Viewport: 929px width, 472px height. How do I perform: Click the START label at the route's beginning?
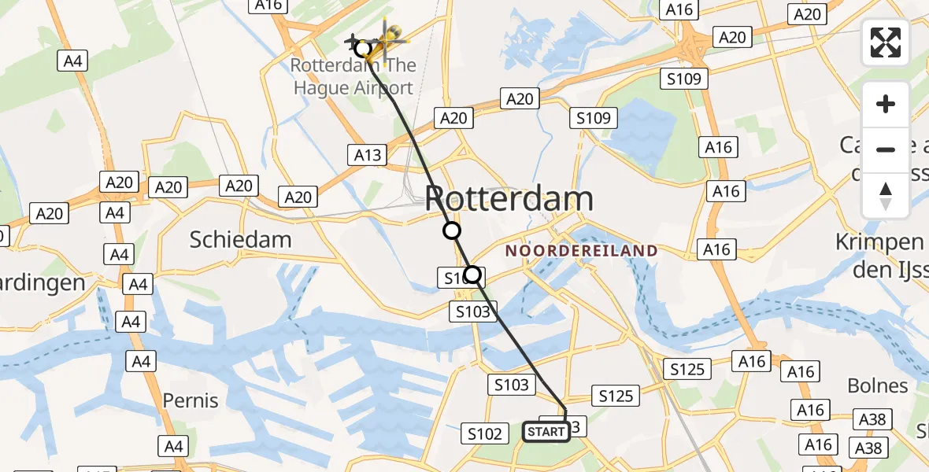tap(546, 432)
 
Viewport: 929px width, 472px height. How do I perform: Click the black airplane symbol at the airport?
tap(353, 41)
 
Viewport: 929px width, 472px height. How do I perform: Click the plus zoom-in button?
tap(886, 104)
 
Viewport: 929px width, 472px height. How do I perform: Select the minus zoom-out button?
tap(886, 149)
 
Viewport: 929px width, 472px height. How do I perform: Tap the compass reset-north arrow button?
tap(886, 194)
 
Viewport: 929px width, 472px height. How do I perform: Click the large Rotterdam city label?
tap(509, 198)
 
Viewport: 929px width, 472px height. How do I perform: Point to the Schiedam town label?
tap(240, 239)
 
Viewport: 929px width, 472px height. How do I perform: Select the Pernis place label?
tap(190, 400)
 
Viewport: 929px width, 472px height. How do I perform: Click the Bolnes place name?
tap(878, 385)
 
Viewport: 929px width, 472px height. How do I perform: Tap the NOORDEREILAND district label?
tap(582, 251)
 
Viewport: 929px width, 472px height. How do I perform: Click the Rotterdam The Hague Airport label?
tap(353, 77)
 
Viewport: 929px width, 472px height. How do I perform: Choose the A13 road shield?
tap(368, 154)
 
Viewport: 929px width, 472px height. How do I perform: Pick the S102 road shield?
tap(485, 433)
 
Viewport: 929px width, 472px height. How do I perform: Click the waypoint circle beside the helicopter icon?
tap(362, 49)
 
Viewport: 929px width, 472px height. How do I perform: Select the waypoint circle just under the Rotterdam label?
tap(451, 230)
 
